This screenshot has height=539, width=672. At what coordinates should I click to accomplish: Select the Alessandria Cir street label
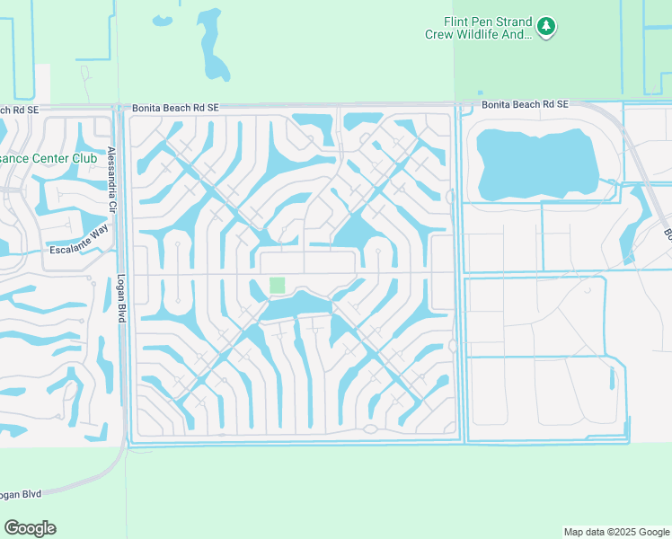113,179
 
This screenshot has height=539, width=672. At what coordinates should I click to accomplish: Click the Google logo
31,528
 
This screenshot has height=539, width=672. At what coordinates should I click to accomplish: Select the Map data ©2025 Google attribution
615,532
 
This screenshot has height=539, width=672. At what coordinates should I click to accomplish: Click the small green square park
278,285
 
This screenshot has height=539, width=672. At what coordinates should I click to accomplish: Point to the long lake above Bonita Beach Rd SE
212,45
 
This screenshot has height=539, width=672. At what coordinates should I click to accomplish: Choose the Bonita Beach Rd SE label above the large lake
525,104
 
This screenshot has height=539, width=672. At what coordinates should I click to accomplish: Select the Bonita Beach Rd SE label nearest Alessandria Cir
175,108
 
